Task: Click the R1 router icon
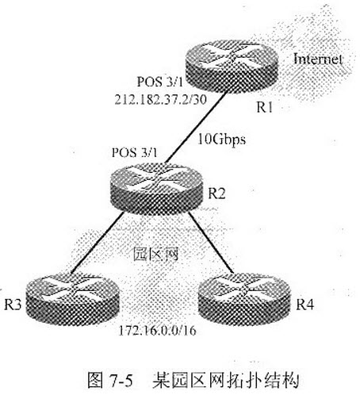232,66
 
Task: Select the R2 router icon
156,189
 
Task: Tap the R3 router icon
73,299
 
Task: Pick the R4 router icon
244,299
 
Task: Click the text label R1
265,107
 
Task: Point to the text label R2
216,194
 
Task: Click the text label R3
13,305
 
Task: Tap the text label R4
304,305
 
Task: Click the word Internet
318,59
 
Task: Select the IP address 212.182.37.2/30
160,100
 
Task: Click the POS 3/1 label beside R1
160,82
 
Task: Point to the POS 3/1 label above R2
135,152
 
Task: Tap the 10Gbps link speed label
222,140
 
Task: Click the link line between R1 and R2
197,128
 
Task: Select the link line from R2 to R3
97,242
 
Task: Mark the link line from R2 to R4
211,241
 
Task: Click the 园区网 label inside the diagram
155,254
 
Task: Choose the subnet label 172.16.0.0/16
158,331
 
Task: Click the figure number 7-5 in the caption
121,380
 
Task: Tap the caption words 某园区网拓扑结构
225,380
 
